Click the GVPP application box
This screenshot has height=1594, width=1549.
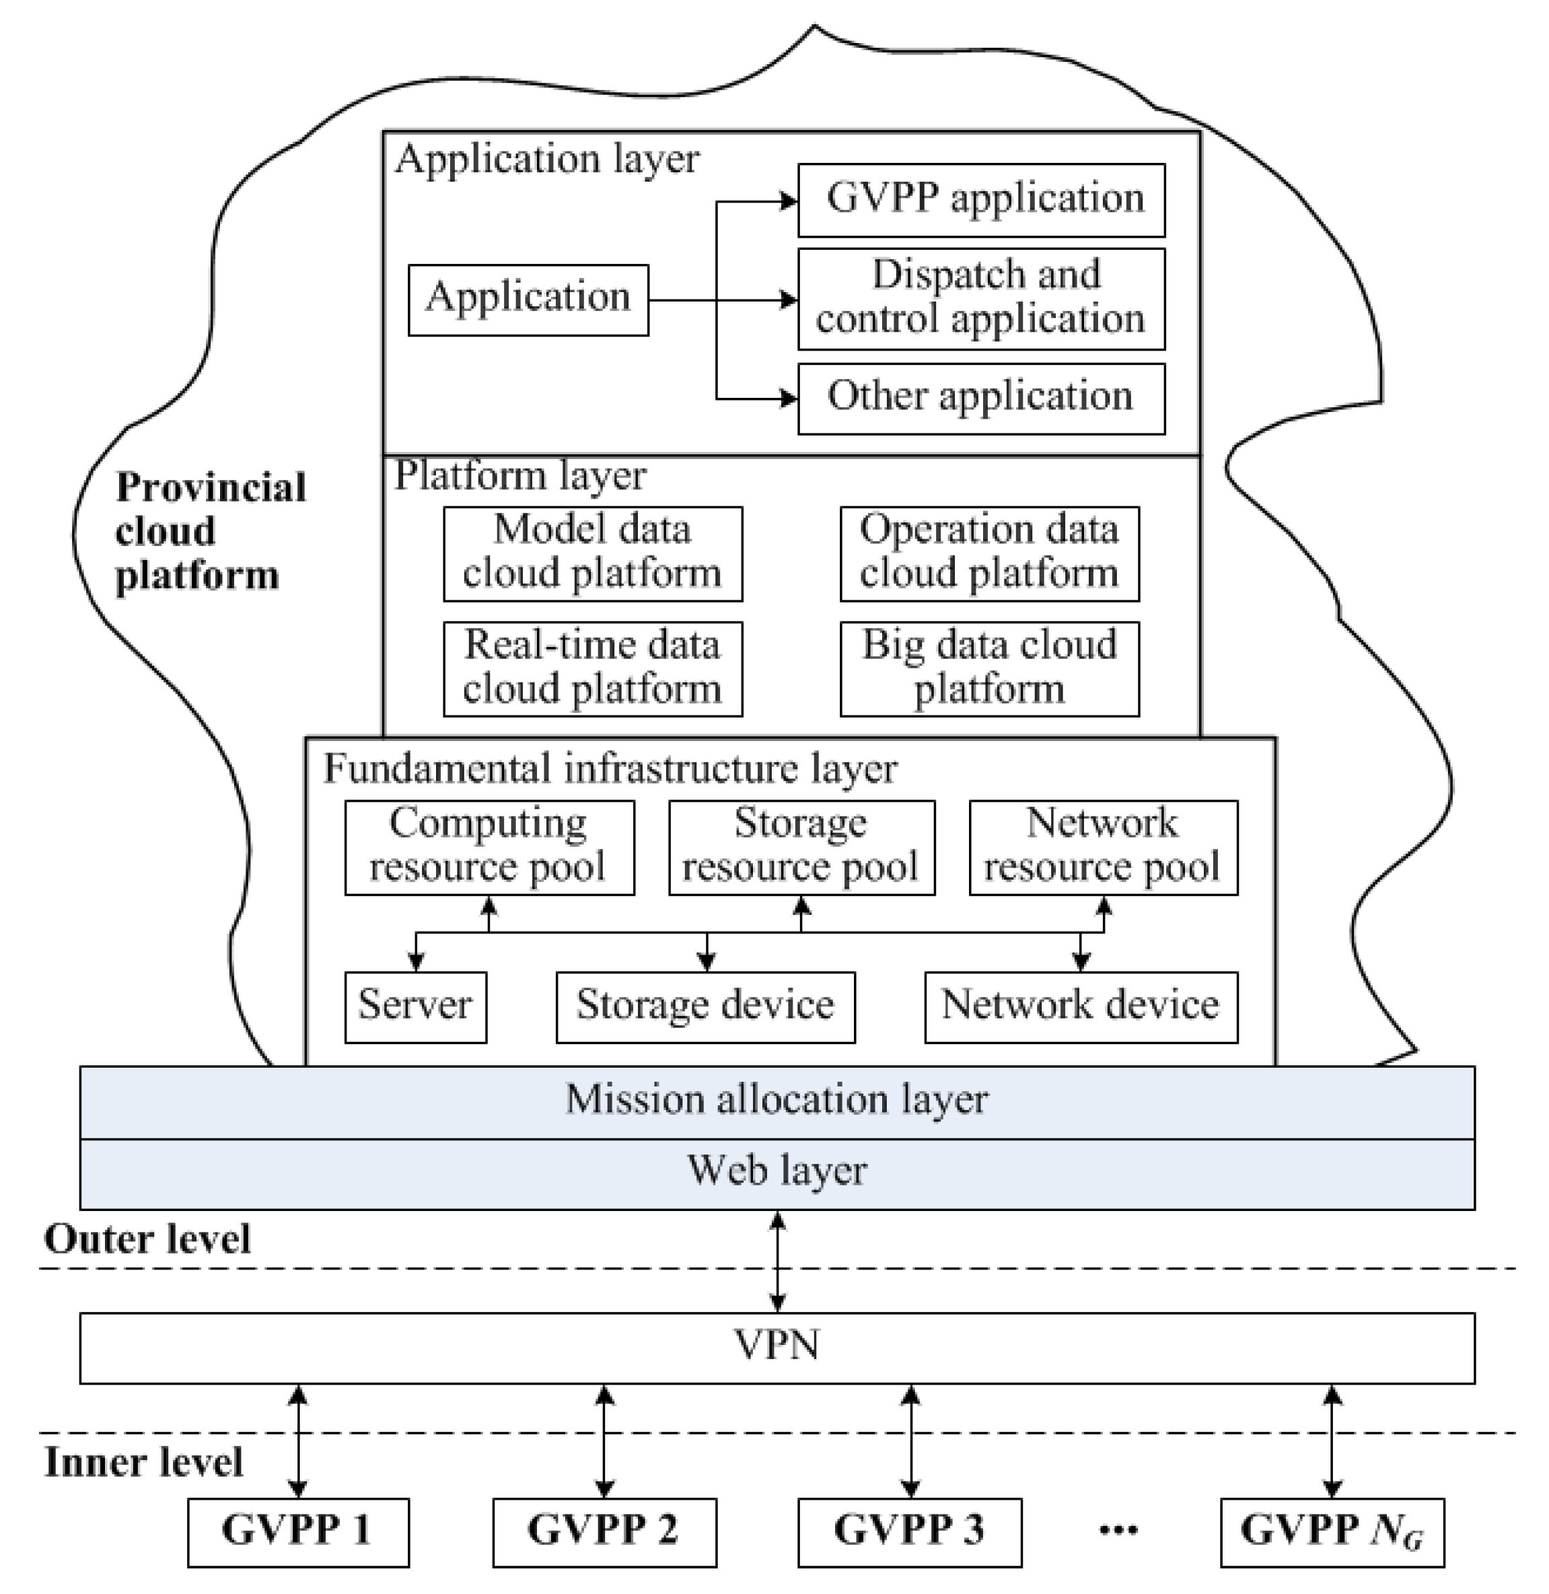pyautogui.click(x=980, y=200)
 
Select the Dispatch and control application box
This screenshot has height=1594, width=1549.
pyautogui.click(x=980, y=299)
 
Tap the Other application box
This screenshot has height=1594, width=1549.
pyautogui.click(x=980, y=398)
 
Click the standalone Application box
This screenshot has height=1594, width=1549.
pyautogui.click(x=528, y=299)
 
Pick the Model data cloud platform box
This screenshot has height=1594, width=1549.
pyautogui.click(x=592, y=553)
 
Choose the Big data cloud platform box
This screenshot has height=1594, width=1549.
pyautogui.click(x=988, y=668)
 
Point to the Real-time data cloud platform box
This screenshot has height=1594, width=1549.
pyautogui.click(x=592, y=668)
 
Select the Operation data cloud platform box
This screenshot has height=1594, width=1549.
pyautogui.click(x=988, y=553)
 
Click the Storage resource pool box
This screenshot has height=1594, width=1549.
pyautogui.click(x=801, y=847)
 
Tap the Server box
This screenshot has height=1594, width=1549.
pyautogui.click(x=415, y=1006)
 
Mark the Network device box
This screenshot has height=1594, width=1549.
pyautogui.click(x=1081, y=1006)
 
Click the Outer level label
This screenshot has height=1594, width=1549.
pyautogui.click(x=147, y=1240)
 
